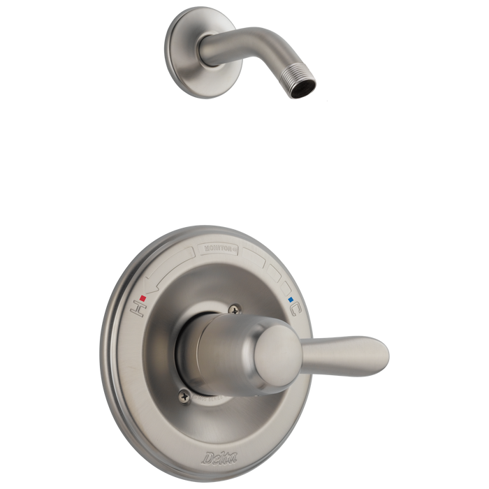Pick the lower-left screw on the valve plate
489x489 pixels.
coord(184,395)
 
